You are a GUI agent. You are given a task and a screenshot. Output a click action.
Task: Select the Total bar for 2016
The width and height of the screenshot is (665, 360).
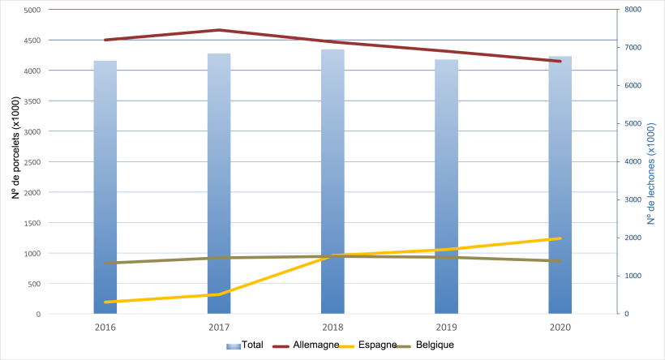105,186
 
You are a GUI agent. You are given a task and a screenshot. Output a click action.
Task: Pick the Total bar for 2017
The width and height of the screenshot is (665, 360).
219,183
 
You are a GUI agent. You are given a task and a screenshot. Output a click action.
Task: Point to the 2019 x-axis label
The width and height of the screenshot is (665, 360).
445,328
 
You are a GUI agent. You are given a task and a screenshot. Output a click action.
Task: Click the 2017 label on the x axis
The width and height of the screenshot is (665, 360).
218,328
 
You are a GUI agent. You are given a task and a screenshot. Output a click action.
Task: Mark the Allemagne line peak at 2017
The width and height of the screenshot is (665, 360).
219,30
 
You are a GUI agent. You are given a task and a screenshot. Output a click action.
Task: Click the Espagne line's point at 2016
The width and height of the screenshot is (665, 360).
105,302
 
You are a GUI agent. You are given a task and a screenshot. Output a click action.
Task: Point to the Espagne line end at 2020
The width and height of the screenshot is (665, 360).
560,238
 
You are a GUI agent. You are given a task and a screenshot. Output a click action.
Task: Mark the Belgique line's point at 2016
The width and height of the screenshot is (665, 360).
105,263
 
